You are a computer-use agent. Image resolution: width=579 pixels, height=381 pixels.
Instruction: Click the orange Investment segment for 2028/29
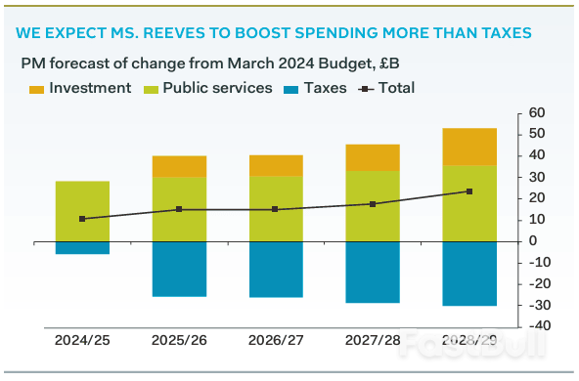tap(469, 147)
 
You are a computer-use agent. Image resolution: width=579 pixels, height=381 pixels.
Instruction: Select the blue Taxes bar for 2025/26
tap(179, 269)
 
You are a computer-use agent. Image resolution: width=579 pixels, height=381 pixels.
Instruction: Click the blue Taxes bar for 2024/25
tap(82, 247)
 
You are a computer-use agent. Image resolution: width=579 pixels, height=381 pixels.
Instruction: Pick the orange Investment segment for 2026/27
tap(276, 165)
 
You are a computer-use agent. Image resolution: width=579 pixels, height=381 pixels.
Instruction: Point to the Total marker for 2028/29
tap(469, 191)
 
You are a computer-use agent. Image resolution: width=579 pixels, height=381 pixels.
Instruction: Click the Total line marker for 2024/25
tap(82, 219)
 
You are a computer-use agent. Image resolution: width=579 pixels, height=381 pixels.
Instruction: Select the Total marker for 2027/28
tap(373, 204)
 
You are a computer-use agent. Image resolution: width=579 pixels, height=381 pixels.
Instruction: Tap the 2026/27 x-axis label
tap(276, 341)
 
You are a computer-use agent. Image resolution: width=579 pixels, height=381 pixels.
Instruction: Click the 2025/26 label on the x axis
tap(179, 341)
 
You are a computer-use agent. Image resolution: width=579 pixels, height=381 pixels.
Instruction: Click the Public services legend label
tap(217, 88)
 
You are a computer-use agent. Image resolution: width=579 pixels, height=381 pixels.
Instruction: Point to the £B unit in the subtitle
tap(386, 63)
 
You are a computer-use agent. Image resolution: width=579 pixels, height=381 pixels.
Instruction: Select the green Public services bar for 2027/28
tap(373, 206)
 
